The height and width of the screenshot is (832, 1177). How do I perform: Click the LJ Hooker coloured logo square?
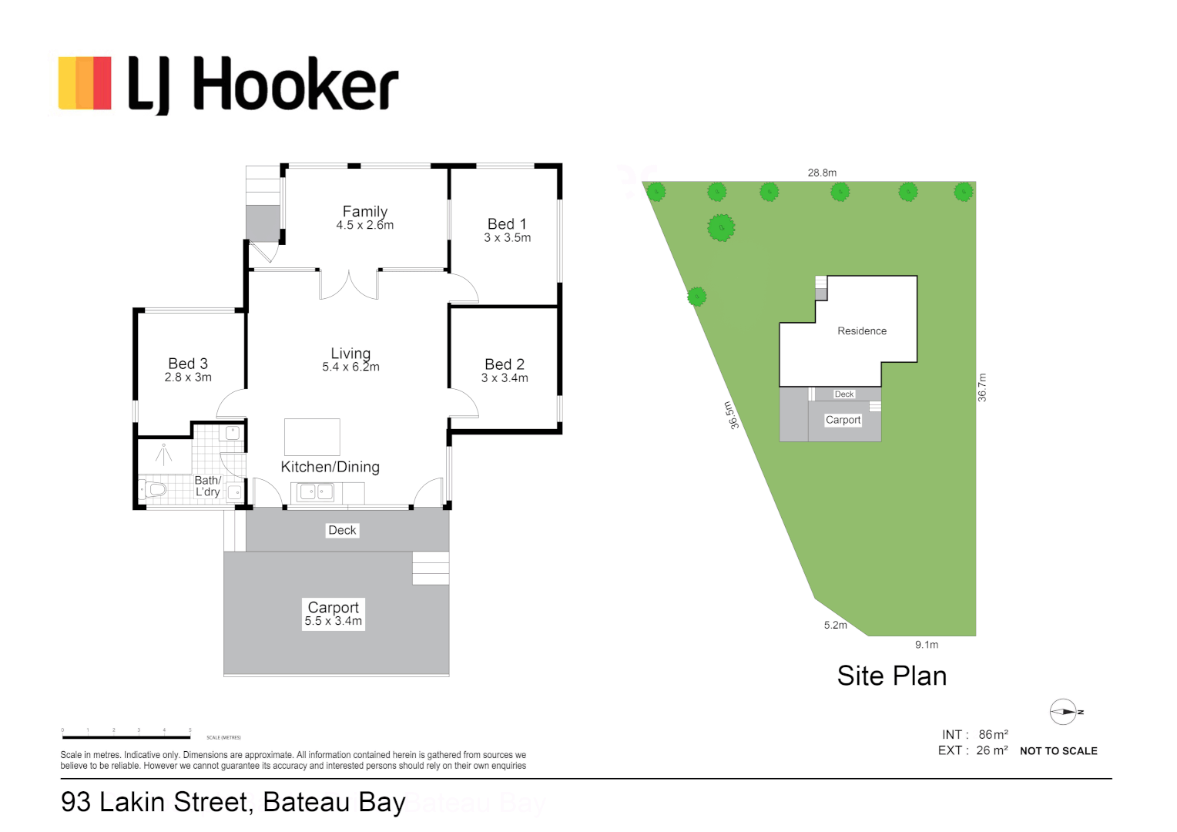point(85,83)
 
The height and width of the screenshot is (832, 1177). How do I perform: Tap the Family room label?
point(364,211)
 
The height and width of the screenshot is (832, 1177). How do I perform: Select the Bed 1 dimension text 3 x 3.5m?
point(507,238)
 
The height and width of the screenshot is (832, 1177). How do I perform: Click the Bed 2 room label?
point(505,364)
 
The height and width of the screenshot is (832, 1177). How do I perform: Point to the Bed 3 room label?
point(188,363)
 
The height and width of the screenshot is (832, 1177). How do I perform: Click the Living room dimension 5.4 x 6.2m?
point(350,367)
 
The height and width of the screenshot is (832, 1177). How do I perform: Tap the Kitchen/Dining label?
point(330,467)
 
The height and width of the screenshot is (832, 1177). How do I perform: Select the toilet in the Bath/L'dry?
point(154,489)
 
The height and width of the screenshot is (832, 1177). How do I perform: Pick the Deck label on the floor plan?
point(342,530)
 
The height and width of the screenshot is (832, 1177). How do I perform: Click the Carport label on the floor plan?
point(333,607)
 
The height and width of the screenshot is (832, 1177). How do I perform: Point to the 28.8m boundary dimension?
point(822,173)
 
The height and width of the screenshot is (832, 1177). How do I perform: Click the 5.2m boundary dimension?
point(835,625)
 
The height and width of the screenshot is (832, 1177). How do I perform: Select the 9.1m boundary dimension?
point(927,645)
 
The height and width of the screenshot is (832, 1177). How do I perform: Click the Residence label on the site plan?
point(862,331)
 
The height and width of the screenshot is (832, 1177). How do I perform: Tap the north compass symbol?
point(1063,712)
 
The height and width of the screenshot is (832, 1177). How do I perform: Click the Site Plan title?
point(891,676)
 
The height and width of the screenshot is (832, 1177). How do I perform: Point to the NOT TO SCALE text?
point(1058,751)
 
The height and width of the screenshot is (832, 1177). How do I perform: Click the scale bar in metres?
point(126,737)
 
